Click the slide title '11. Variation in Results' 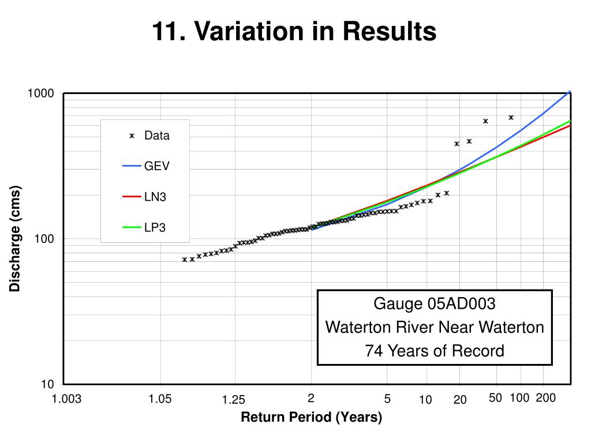pyautogui.click(x=294, y=32)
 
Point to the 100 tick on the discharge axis pyautogui.click(x=44, y=239)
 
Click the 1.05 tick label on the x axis pyautogui.click(x=160, y=399)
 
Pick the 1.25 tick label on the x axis pyautogui.click(x=234, y=400)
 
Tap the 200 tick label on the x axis pyautogui.click(x=545, y=398)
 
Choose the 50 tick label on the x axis pyautogui.click(x=495, y=398)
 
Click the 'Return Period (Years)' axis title pyautogui.click(x=312, y=417)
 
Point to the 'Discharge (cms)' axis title pyautogui.click(x=15, y=238)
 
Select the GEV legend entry pyautogui.click(x=157, y=166)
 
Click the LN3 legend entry pyautogui.click(x=155, y=197)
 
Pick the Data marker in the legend pyautogui.click(x=132, y=136)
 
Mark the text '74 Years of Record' pyautogui.click(x=435, y=351)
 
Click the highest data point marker pyautogui.click(x=511, y=117)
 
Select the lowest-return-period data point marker pyautogui.click(x=185, y=260)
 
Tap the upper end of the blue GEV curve pyautogui.click(x=570, y=92)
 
